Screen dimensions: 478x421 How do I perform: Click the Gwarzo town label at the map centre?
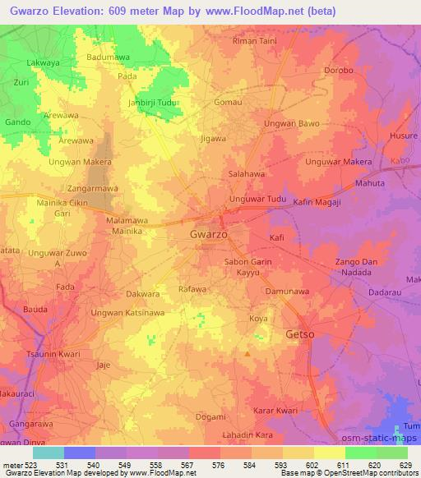coord(209,234)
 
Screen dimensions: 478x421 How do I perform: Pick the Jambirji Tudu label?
coord(154,103)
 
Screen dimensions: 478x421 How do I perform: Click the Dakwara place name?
coord(143,293)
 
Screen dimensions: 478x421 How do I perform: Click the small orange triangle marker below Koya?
coord(248,354)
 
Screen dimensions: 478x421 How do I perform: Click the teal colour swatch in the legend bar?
coord(48,452)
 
